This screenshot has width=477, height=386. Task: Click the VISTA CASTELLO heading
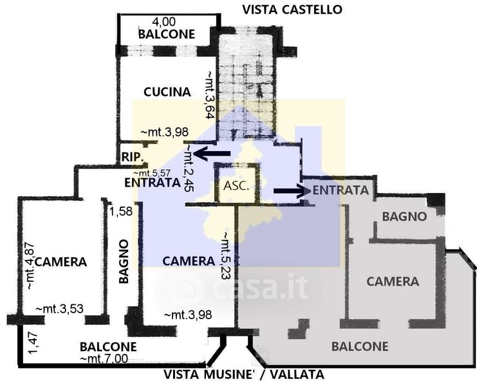pos(292,10)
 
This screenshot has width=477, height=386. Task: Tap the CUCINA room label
pos(167,92)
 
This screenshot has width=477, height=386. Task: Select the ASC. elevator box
pos(237,183)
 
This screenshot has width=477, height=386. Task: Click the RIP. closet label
pos(133,157)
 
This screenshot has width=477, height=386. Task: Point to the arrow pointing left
pos(212,154)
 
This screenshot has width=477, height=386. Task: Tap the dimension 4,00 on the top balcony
pos(164,22)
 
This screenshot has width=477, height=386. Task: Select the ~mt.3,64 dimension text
pos(210,95)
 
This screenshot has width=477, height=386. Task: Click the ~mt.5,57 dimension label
pos(152,173)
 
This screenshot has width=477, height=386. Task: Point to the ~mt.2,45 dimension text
pos(189,168)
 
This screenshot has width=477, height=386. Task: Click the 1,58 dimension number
pos(121,212)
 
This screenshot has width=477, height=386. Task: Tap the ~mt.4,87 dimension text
pos(30,266)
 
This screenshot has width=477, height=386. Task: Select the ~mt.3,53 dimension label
pos(60,309)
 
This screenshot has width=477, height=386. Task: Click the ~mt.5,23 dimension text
pos(227,255)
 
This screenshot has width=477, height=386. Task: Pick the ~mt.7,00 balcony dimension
pos(104,359)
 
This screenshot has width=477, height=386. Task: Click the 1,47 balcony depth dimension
pos(33,343)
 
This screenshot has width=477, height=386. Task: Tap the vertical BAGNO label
pos(124,261)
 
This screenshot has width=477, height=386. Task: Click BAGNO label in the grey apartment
pos(405,217)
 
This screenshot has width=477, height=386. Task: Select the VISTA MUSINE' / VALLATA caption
pos(244,374)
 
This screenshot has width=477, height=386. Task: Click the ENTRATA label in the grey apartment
pos(341,190)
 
